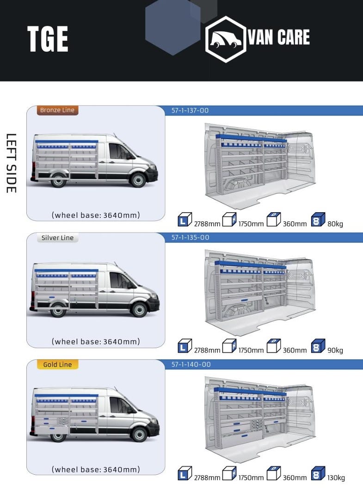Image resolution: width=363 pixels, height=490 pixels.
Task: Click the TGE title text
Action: click(48, 39)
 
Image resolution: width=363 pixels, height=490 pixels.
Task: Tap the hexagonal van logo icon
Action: click(225, 39)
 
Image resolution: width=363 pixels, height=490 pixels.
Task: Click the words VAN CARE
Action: click(278, 37)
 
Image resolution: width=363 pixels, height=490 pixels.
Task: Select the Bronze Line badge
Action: click(57, 110)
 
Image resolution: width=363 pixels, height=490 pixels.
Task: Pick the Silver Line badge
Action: click(57, 238)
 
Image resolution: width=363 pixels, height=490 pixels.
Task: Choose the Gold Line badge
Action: click(57, 364)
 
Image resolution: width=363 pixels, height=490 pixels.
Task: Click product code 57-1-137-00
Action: click(190, 110)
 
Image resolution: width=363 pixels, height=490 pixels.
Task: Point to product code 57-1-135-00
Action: click(190, 238)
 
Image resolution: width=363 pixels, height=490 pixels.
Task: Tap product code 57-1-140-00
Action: click(191, 364)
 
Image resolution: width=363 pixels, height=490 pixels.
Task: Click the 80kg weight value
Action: click(335, 224)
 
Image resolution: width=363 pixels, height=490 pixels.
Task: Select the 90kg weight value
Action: click(335, 350)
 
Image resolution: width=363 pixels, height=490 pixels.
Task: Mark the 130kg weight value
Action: click(336, 478)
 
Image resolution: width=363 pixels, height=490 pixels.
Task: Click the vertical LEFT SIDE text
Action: click(11, 163)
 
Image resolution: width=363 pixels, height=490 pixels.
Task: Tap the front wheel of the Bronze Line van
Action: click(138, 179)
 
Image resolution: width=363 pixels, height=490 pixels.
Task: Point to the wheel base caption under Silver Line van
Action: click(96, 342)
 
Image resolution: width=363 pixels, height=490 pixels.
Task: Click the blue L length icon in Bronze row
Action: click(185, 220)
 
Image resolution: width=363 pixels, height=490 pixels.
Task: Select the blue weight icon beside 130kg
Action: click(318, 473)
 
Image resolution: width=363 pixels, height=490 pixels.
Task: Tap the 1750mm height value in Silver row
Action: click(251, 350)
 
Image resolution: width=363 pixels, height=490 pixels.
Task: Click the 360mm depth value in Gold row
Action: click(295, 478)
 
